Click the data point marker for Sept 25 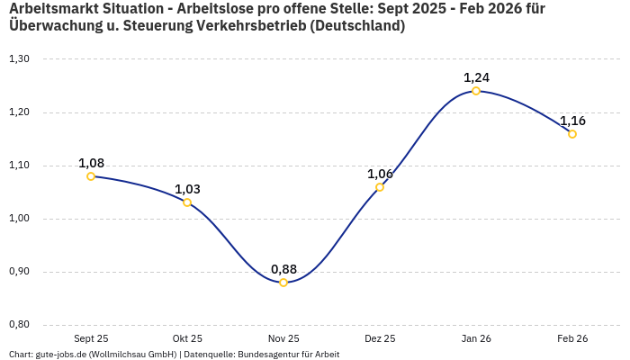[x=91, y=176]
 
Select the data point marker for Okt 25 [x=187, y=202]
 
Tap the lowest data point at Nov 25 [x=283, y=283]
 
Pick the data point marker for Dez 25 [x=380, y=187]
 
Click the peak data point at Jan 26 [x=476, y=91]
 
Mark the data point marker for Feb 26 [x=572, y=134]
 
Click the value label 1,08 [x=91, y=163]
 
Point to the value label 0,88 [x=283, y=269]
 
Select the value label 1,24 [x=476, y=77]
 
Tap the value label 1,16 [x=572, y=121]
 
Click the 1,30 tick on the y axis [x=19, y=59]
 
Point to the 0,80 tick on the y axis [x=19, y=325]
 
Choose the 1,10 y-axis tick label [x=19, y=166]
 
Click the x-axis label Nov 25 [x=283, y=338]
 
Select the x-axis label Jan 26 [x=476, y=338]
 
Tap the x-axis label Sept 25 [x=91, y=338]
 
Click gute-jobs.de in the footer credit [x=60, y=355]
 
